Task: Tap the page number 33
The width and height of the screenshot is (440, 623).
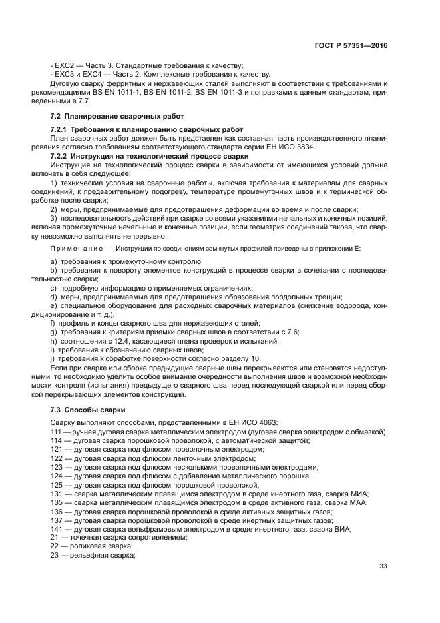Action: (x=383, y=566)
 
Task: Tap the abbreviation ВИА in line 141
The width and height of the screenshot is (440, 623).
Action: (x=341, y=529)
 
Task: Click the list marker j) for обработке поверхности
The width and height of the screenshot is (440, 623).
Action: (x=53, y=359)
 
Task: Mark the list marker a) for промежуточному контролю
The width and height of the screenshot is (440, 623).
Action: (x=53, y=262)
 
